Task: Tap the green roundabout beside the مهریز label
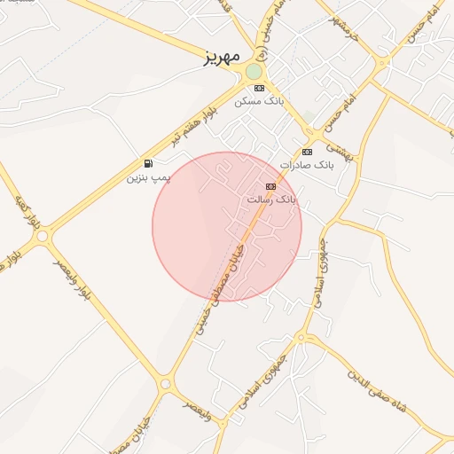point(254,71)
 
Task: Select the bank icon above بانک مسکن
point(259,89)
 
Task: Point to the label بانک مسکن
point(258,102)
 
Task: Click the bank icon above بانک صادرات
point(308,153)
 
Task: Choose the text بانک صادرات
point(306,166)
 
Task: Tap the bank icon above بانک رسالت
point(270,186)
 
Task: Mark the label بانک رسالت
point(272,200)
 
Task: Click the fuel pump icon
point(147,164)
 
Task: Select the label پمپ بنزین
point(148,177)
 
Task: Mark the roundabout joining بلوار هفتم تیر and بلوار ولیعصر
point(43,237)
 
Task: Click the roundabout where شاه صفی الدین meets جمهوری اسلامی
point(301,338)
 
